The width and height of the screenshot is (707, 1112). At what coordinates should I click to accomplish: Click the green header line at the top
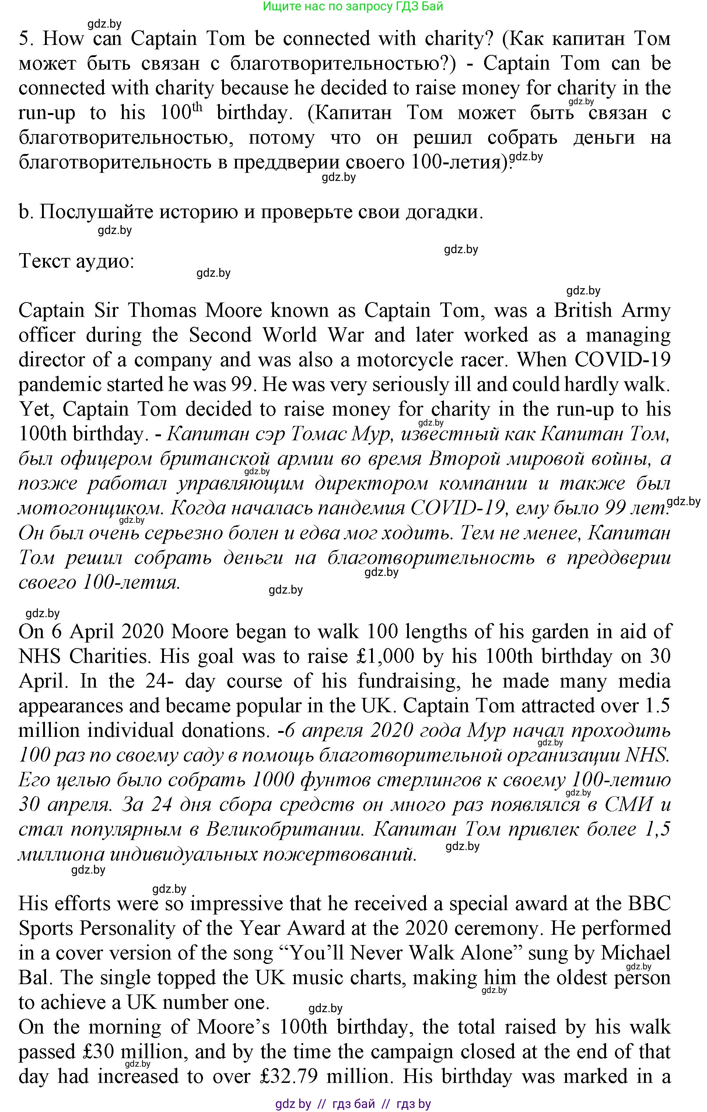353,7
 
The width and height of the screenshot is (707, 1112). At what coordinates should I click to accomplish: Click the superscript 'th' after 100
197,108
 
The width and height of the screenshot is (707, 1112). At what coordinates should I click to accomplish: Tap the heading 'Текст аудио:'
76,261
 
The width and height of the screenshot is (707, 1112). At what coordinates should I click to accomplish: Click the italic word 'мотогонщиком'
90,508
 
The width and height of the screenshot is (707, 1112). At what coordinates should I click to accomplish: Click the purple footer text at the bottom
353,1104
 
